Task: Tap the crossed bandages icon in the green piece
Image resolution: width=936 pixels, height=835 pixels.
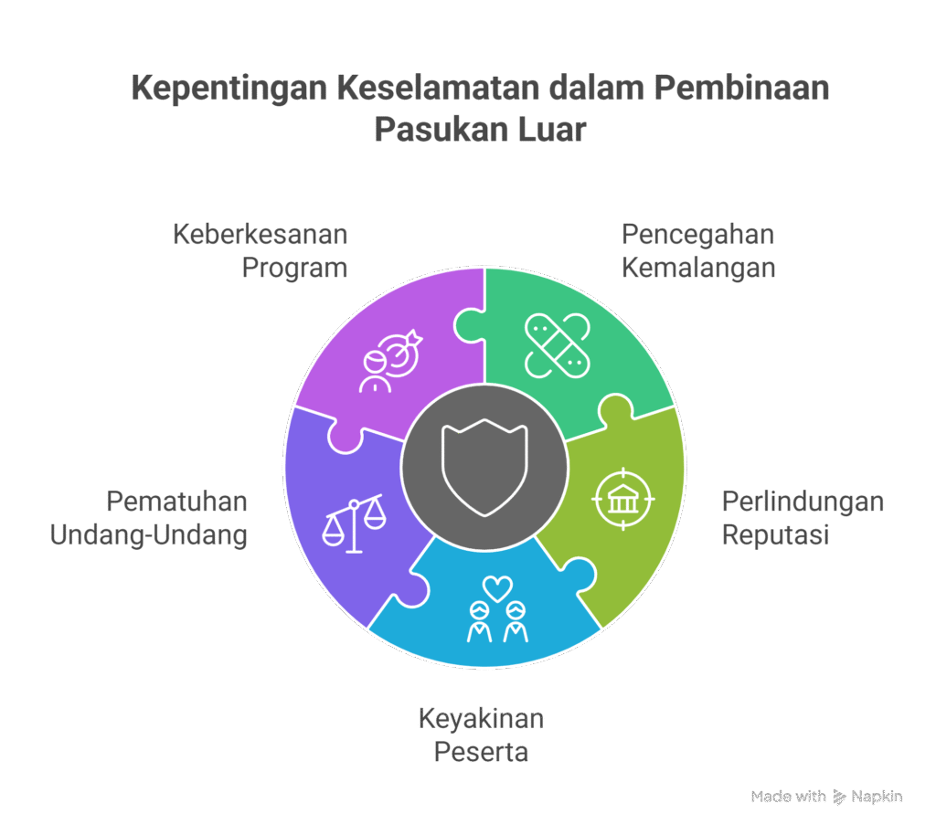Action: tap(557, 345)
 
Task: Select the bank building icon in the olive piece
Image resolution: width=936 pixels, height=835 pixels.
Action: tap(623, 498)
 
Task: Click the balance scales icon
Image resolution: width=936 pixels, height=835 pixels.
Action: tap(353, 523)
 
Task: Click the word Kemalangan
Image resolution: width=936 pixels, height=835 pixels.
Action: tap(697, 269)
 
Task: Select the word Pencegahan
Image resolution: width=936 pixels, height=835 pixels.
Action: tap(697, 235)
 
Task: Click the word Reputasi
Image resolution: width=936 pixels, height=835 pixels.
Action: tap(775, 534)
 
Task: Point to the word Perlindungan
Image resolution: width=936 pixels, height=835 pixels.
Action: tap(803, 502)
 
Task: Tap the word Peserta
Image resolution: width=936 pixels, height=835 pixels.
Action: tap(481, 753)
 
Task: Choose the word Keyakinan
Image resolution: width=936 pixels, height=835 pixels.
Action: tap(481, 719)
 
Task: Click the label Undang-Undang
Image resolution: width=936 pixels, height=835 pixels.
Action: tap(149, 534)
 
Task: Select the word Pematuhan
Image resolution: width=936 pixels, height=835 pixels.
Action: tap(176, 502)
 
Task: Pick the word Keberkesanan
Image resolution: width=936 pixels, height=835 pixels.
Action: tap(261, 235)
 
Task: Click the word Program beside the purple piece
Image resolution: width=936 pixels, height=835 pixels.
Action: tap(294, 269)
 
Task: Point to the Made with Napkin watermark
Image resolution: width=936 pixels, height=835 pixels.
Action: tap(827, 798)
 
